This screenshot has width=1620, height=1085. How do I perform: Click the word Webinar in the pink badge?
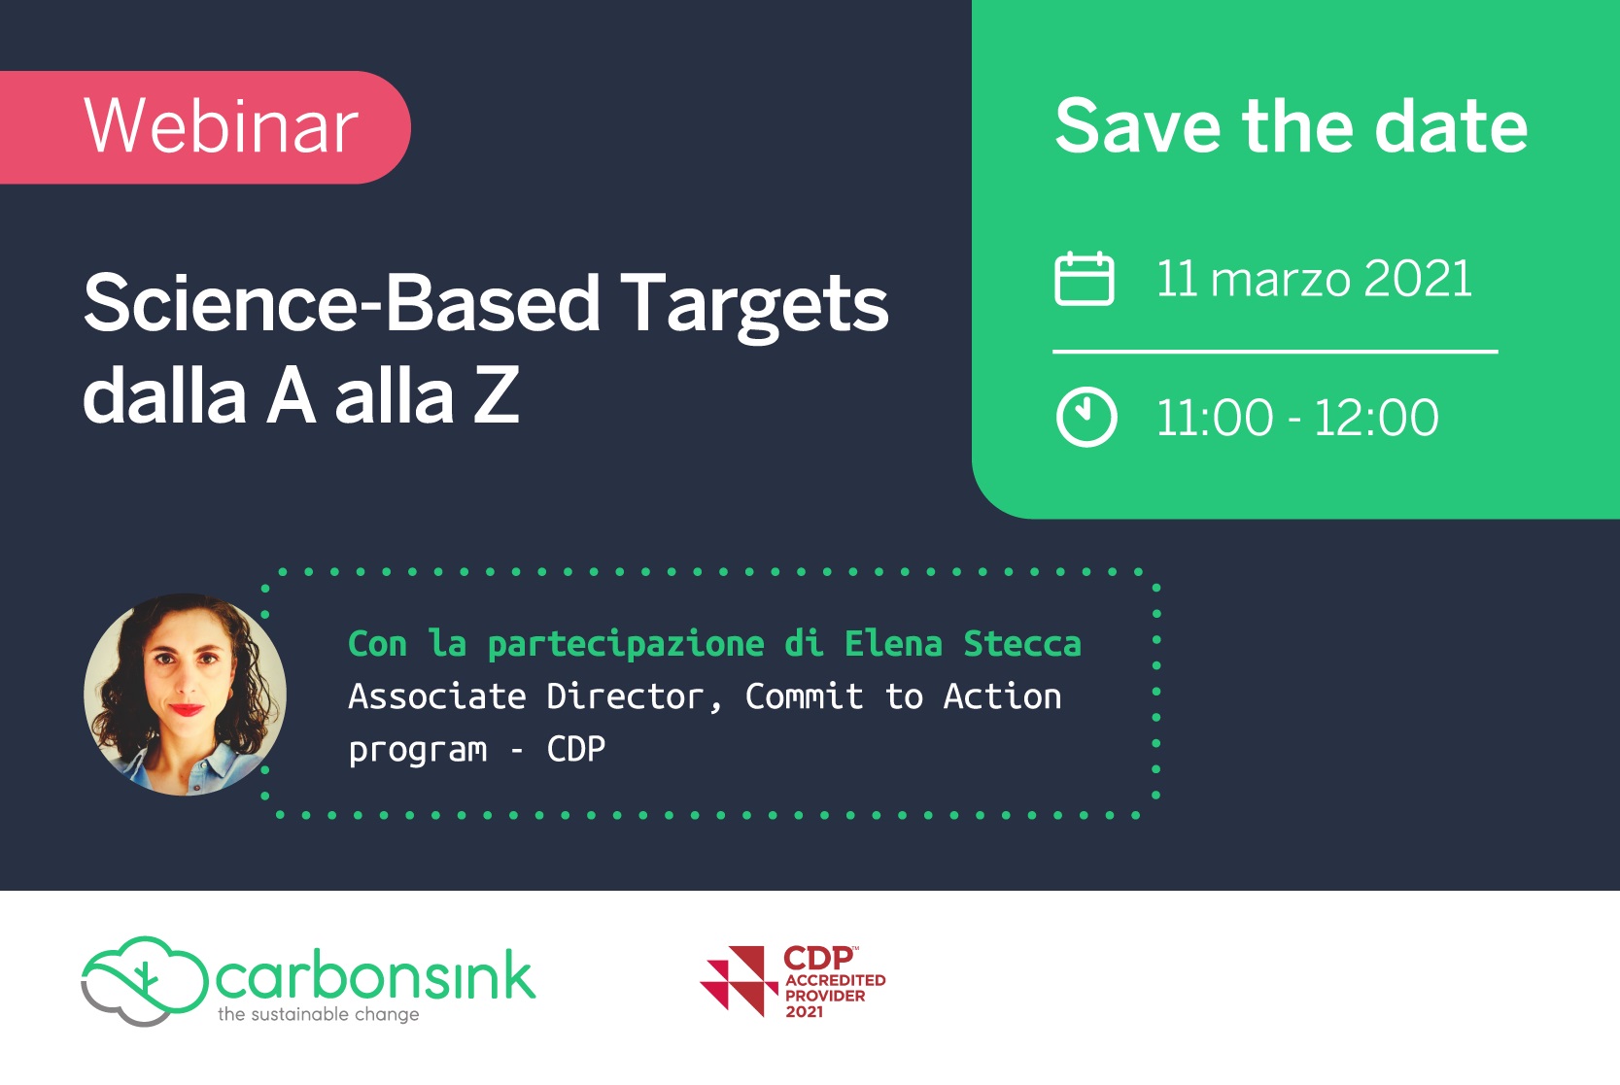tap(221, 126)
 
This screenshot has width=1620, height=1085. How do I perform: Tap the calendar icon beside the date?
tap(1085, 279)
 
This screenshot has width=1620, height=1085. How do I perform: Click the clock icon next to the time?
tap(1086, 417)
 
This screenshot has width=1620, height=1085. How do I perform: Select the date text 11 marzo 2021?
tap(1314, 279)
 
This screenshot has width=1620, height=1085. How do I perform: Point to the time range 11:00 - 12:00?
tap(1297, 418)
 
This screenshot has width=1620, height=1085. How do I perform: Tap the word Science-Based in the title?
tap(341, 303)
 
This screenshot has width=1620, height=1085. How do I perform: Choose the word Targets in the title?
tap(754, 307)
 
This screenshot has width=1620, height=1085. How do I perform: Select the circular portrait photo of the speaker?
tap(186, 695)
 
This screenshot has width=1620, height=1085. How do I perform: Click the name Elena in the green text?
tap(893, 643)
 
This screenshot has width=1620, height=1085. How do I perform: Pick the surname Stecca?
tap(1022, 643)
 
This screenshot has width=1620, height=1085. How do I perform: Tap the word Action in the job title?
tap(1002, 696)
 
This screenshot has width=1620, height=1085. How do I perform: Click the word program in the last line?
tap(417, 750)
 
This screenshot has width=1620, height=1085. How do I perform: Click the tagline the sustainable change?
tap(318, 1014)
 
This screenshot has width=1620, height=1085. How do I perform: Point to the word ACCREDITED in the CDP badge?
tap(836, 980)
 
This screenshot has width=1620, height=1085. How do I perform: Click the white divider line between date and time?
tap(1275, 352)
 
